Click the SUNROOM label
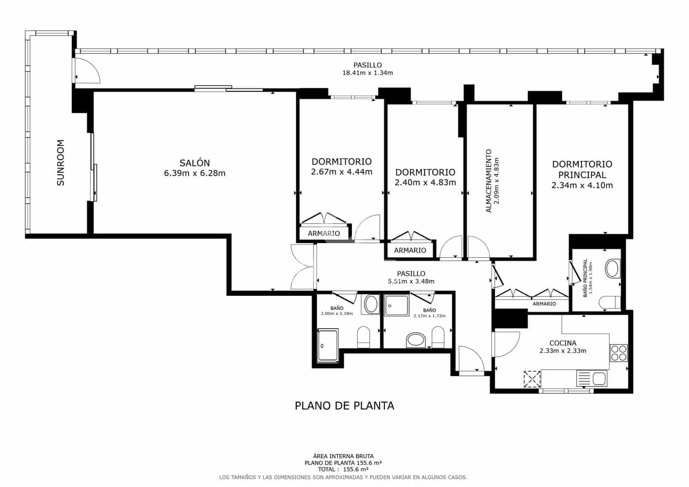click(x=61, y=163)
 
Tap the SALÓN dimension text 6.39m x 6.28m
click(x=195, y=174)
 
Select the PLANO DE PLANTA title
click(x=344, y=406)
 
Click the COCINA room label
click(x=562, y=343)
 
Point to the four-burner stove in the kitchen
click(x=619, y=353)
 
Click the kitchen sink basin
click(x=599, y=379)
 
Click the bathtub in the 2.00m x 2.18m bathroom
click(x=328, y=345)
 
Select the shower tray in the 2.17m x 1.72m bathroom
click(x=397, y=305)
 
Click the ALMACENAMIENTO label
click(x=489, y=181)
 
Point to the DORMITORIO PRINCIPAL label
click(x=582, y=169)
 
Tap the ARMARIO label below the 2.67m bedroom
click(x=324, y=233)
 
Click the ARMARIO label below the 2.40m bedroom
click(x=410, y=250)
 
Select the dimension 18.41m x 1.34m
click(x=367, y=73)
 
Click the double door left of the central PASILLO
click(x=303, y=267)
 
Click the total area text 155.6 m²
click(x=343, y=469)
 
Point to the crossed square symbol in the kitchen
click(x=532, y=379)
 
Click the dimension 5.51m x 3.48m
click(x=411, y=281)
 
